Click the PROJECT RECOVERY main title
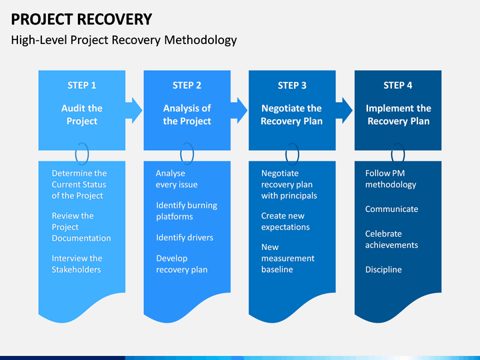[x=81, y=19]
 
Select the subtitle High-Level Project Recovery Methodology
[x=124, y=40]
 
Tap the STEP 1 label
[x=82, y=85]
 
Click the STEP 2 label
[x=187, y=85]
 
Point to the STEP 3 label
[x=292, y=85]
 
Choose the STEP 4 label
[x=398, y=85]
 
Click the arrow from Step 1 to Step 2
[x=134, y=111]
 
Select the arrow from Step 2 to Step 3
[x=239, y=111]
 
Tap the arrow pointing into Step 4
[x=345, y=111]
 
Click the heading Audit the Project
[x=82, y=115]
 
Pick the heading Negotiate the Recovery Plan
[x=292, y=115]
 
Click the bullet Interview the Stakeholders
[x=77, y=264]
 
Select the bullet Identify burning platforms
[x=187, y=211]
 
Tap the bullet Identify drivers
[x=185, y=237]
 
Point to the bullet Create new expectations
[x=285, y=221]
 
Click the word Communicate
[x=391, y=209]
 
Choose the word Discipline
[x=383, y=269]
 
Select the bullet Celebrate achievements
[x=391, y=239]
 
